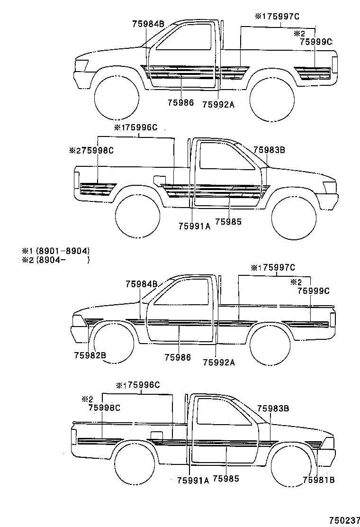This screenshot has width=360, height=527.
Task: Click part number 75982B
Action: point(90,355)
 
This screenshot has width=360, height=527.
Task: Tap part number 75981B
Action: point(319,480)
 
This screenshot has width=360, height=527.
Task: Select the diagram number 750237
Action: point(344,520)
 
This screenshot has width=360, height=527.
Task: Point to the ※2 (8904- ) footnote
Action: point(56,259)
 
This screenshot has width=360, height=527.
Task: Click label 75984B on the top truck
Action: point(148,24)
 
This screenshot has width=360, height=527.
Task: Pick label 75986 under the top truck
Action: point(180,102)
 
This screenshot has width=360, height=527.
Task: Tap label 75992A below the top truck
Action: point(218,105)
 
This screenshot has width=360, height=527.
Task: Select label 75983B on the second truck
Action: point(269,150)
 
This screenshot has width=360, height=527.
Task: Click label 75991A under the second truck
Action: point(194,226)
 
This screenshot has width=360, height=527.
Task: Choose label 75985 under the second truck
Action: point(228,222)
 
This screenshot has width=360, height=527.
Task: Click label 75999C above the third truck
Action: point(313,291)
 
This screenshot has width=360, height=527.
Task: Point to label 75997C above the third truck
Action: point(279,267)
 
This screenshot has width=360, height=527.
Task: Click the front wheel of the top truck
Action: point(117,98)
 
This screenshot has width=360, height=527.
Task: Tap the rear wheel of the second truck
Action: point(137,217)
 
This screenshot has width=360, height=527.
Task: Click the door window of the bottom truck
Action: point(225,412)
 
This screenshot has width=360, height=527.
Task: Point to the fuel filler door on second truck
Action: point(160,180)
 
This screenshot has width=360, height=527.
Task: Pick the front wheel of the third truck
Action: point(114,343)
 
